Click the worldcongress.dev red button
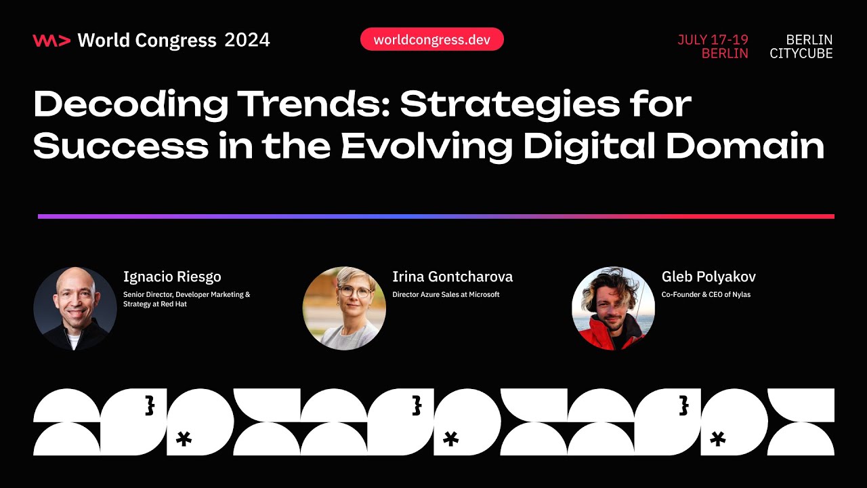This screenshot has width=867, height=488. click(x=431, y=39)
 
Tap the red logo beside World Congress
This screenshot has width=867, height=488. click(x=51, y=41)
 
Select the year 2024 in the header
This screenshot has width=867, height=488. click(x=247, y=41)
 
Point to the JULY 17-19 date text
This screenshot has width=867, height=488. click(x=713, y=40)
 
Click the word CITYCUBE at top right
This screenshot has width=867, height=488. click(x=801, y=54)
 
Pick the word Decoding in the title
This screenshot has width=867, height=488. click(x=129, y=105)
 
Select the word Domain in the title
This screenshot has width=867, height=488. click(x=745, y=146)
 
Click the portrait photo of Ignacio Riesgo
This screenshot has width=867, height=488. click(x=75, y=308)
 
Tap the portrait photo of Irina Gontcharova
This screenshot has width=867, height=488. click(x=344, y=308)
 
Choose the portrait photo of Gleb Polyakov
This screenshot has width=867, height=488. click(x=613, y=308)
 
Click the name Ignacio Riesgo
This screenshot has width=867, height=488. click(x=172, y=277)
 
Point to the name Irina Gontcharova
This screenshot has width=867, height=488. click(x=452, y=277)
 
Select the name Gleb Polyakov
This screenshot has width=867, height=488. click(x=709, y=277)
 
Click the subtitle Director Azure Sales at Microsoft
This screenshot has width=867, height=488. click(x=446, y=295)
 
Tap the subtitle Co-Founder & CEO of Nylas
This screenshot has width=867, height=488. click(x=706, y=295)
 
